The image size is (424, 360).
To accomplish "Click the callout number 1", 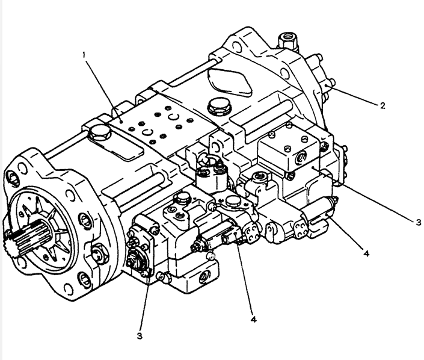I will tap(84, 55).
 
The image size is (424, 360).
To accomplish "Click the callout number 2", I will tap(382, 105).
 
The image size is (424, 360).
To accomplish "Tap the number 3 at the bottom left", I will tap(140, 335).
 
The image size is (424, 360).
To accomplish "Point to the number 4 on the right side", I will tap(366, 253).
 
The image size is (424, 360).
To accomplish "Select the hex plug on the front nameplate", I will tap(97, 133).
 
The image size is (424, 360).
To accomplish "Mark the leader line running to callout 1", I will tap(102, 84).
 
